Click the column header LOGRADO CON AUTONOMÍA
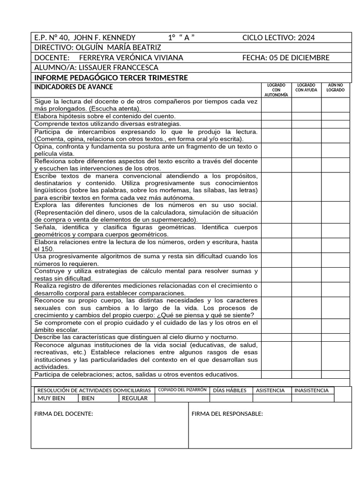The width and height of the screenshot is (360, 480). pyautogui.click(x=276, y=90)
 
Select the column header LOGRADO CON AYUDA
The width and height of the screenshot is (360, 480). pyautogui.click(x=306, y=88)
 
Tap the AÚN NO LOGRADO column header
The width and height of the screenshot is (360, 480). pyautogui.click(x=336, y=88)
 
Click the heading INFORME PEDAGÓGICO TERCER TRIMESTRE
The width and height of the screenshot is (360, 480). pyautogui.click(x=111, y=77)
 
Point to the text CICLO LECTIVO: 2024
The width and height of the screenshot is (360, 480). pyautogui.click(x=278, y=38)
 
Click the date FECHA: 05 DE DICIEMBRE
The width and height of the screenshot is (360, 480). pyautogui.click(x=286, y=58)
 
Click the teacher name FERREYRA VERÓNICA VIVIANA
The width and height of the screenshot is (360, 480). pyautogui.click(x=131, y=58)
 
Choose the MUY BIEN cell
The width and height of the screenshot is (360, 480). pyautogui.click(x=51, y=398)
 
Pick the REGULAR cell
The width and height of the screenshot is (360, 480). pyautogui.click(x=135, y=398)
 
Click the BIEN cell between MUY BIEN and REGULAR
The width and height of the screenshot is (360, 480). pyautogui.click(x=88, y=398)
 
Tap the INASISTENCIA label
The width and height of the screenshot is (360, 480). pyautogui.click(x=311, y=390)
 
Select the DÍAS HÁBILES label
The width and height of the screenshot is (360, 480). pyautogui.click(x=230, y=390)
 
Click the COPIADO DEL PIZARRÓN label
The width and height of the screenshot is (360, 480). pyautogui.click(x=182, y=390)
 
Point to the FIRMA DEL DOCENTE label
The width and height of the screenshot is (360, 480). pyautogui.click(x=64, y=414)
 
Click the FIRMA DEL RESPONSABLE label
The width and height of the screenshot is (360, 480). pyautogui.click(x=227, y=414)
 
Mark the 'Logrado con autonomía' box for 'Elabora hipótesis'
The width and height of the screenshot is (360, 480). pyautogui.click(x=276, y=116)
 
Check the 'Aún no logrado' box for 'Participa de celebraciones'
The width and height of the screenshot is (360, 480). pyautogui.click(x=336, y=375)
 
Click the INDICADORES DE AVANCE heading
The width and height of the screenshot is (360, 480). pyautogui.click(x=74, y=87)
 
